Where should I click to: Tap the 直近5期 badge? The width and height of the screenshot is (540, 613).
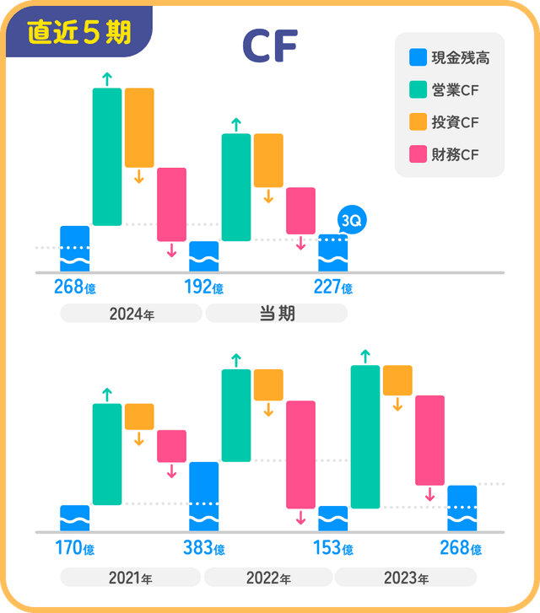tap(78, 32)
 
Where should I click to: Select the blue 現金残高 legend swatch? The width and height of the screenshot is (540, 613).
tap(418, 58)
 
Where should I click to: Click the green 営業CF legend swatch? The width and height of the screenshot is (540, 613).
tap(418, 90)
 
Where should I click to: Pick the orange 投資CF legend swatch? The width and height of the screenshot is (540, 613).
tap(418, 122)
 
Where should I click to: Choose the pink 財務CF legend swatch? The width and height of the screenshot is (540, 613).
tap(418, 154)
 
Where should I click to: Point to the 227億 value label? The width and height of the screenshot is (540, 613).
tap(332, 288)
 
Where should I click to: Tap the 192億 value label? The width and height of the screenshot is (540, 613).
tap(203, 288)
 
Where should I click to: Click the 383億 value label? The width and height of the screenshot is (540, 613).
tap(203, 549)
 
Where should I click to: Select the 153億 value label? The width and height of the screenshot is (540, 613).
tap(332, 549)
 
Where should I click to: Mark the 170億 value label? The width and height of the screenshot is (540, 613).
tap(74, 549)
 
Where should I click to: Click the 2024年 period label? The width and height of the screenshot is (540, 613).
tap(131, 315)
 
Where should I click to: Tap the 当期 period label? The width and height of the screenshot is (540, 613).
tap(276, 315)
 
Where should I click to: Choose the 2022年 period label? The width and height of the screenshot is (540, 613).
tap(268, 578)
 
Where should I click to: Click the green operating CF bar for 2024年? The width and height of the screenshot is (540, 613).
tap(107, 156)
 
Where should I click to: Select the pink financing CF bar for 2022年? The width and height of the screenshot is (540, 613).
tap(300, 454)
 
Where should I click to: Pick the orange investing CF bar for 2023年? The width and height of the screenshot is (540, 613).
tap(397, 380)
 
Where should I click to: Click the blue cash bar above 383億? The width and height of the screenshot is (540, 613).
tap(203, 496)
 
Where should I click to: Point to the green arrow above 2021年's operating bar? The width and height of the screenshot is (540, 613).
tap(107, 394)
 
